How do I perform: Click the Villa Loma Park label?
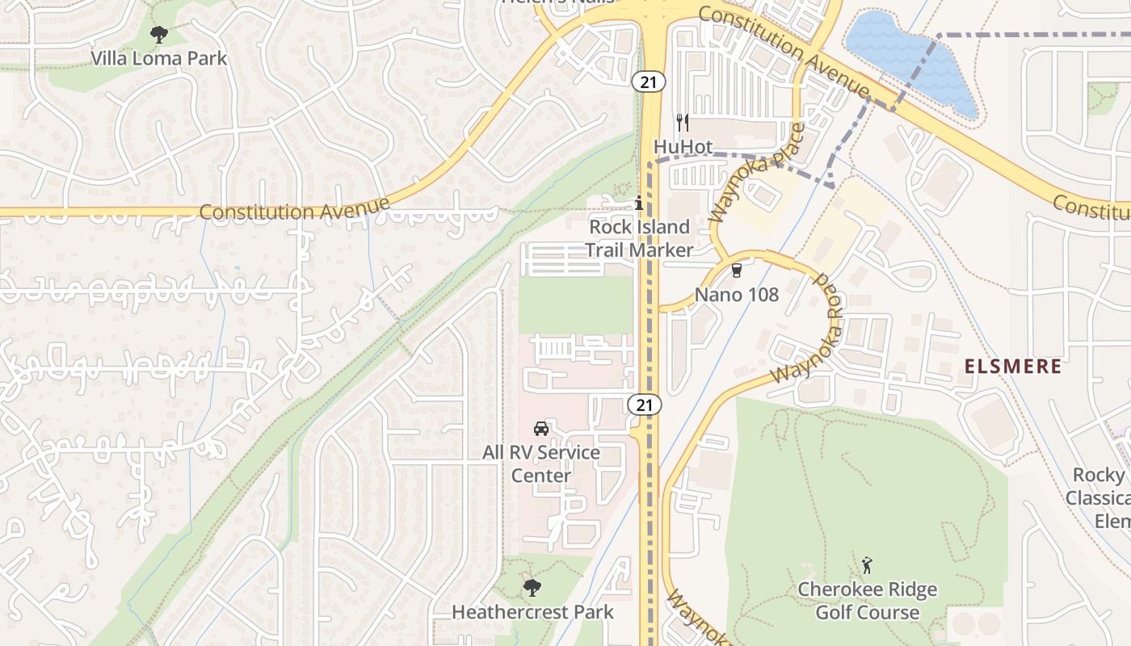click(158, 59)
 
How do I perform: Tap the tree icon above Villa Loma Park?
click(159, 34)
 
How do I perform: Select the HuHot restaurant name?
click(683, 146)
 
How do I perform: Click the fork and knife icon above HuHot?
click(683, 123)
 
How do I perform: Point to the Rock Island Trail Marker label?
click(639, 238)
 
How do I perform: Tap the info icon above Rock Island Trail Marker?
click(639, 203)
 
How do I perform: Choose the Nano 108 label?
click(737, 295)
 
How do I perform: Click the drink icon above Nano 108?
click(736, 271)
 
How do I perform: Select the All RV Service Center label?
click(541, 464)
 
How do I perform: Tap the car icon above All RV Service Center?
click(541, 428)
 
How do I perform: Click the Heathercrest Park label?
click(532, 612)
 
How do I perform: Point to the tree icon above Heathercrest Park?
click(532, 587)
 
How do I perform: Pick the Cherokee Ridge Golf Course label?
click(868, 601)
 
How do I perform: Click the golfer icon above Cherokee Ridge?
click(868, 564)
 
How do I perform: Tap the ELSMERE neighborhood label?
click(1013, 367)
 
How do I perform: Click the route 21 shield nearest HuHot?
click(648, 81)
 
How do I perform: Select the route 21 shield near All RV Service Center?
click(648, 405)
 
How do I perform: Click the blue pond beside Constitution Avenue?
click(905, 57)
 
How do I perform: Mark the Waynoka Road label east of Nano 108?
click(808, 331)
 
